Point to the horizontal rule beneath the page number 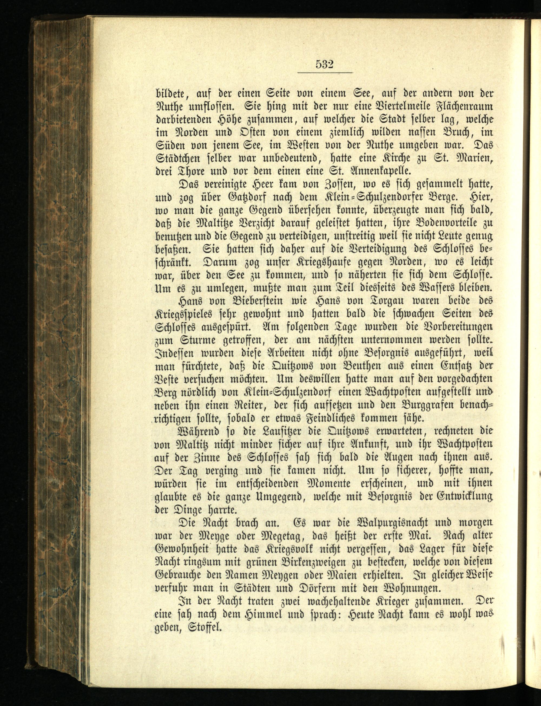(325, 73)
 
